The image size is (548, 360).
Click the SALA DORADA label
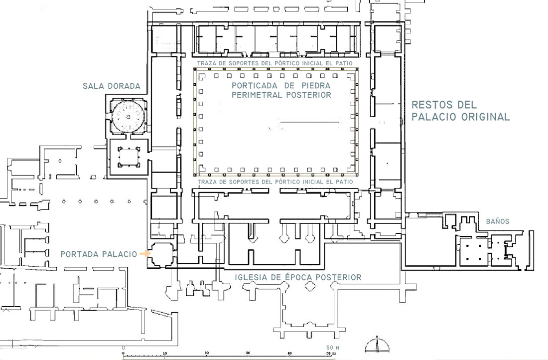pos(112,86)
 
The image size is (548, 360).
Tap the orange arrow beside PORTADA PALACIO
pos(144,253)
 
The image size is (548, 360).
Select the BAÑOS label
pos(497,221)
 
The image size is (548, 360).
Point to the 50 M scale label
pos(333,348)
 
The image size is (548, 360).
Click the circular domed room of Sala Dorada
pos(128,116)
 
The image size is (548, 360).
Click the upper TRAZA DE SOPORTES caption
pos(274,63)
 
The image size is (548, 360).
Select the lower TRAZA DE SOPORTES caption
pos(275,182)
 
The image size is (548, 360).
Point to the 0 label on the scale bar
pos(124,348)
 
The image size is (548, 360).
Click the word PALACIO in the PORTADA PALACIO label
pos(119,254)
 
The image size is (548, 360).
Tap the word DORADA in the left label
pos(125,86)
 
